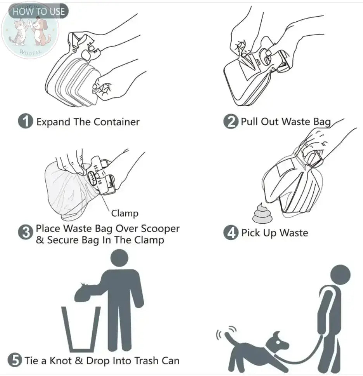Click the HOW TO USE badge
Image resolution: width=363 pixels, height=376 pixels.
(38, 11)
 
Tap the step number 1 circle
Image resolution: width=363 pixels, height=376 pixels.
(26, 122)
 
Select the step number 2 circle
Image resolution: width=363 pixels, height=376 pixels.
(231, 122)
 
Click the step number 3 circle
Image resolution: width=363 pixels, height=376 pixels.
(26, 234)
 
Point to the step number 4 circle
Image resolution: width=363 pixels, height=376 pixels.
(231, 233)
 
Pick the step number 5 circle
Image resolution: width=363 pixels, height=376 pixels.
(15, 360)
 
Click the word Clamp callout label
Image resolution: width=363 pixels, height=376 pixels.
(124, 213)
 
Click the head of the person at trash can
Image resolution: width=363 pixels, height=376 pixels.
(119, 258)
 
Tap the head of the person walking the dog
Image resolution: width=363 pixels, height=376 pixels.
(340, 274)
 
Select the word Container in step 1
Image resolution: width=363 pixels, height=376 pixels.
(116, 122)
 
